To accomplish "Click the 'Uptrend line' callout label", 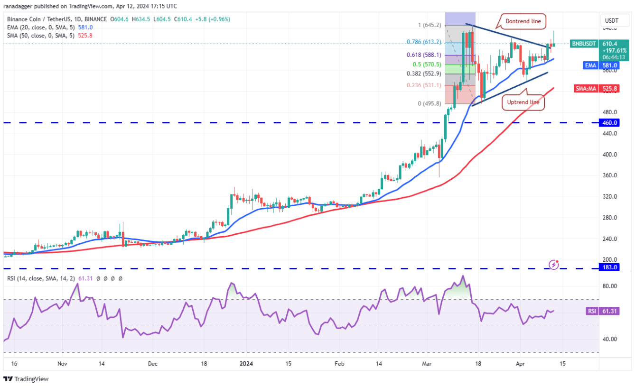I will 523,102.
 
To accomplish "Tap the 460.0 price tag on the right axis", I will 610,123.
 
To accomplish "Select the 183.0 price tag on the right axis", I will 610,267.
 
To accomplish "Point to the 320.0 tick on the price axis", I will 610,196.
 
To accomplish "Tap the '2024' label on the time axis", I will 246,364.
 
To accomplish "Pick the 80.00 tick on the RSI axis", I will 609,286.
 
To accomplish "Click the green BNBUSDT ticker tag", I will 583,43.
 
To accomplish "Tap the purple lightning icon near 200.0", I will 553,264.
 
